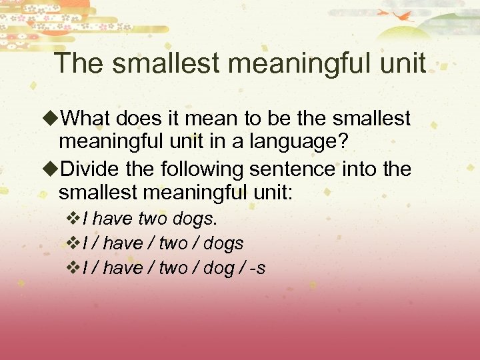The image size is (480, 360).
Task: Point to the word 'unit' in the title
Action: coord(401,63)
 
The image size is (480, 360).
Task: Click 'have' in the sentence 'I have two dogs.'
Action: coord(118,219)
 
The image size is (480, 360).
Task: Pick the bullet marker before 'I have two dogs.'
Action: coord(74,219)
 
